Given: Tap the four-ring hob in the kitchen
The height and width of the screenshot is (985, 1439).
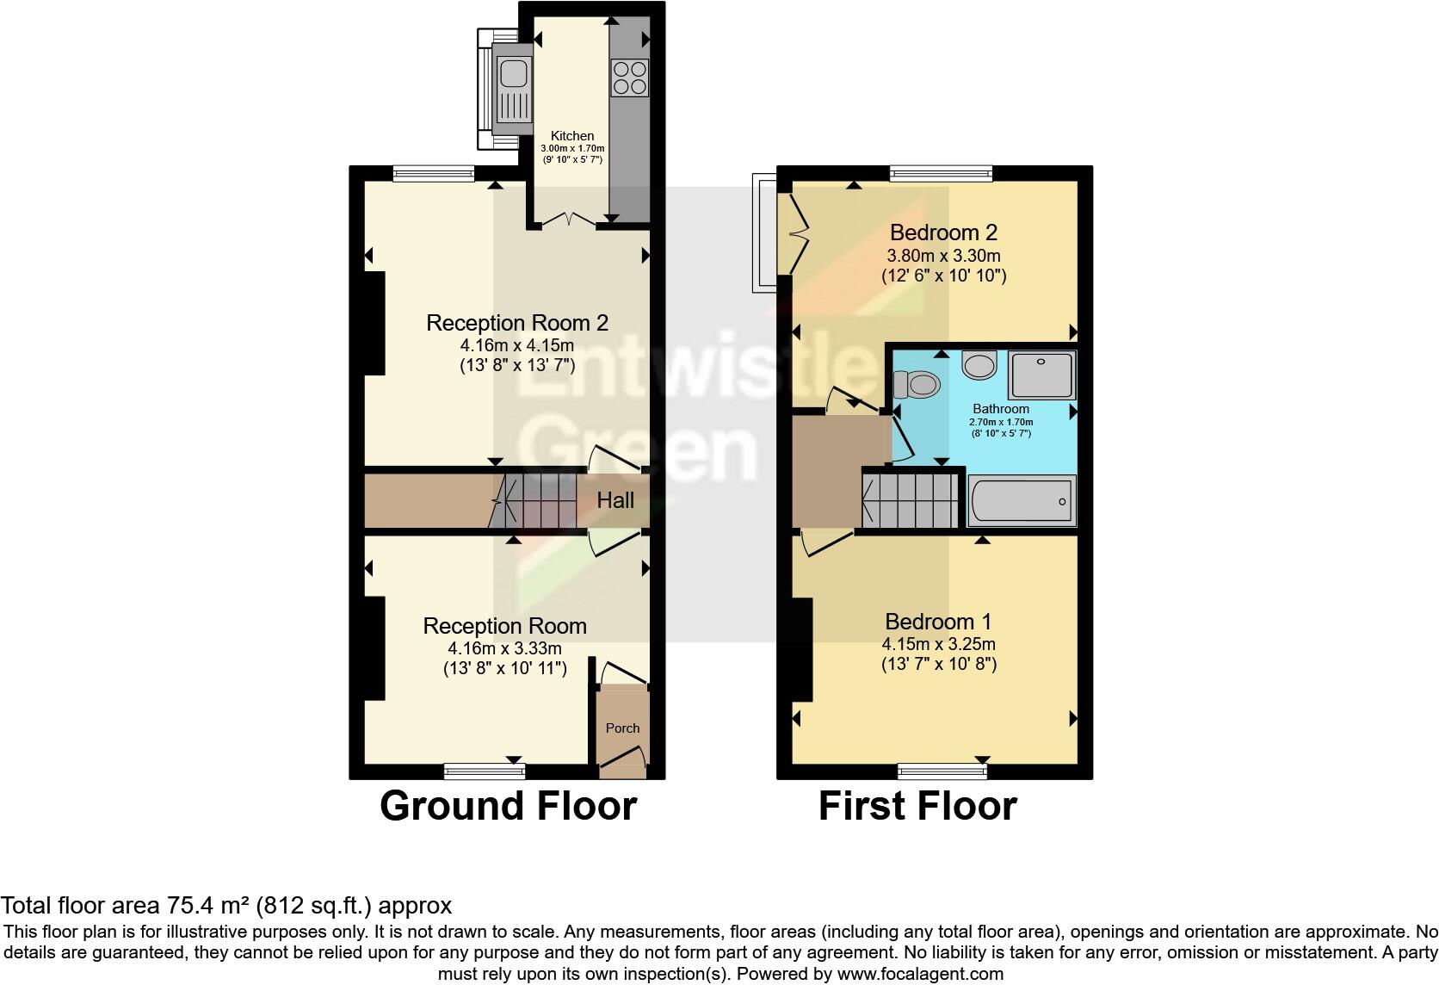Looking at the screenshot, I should tap(629, 77).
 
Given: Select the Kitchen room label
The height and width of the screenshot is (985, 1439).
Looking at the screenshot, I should tap(572, 136).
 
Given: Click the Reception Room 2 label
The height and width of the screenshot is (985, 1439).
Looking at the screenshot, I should tap(517, 323).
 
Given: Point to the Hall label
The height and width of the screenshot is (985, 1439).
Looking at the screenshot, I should tap(615, 500).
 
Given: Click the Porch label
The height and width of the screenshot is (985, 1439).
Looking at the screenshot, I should tap(622, 728).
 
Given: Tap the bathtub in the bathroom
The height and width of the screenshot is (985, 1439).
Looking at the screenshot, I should tap(1022, 501).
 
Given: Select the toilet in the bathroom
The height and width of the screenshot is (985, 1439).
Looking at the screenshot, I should tap(916, 384).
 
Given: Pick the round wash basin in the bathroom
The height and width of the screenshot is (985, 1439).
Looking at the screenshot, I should tap(979, 365).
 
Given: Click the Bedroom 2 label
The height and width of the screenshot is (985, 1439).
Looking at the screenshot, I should tap(943, 232).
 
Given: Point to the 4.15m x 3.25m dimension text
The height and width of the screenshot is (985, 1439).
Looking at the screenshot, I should tap(938, 644).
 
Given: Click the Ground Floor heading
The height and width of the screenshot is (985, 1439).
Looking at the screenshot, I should tap(508, 806).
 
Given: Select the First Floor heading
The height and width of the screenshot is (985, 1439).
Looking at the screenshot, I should tap(917, 806).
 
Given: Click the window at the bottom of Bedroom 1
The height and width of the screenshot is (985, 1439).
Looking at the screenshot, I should tap(942, 770).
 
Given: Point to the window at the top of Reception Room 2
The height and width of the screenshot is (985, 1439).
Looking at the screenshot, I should tap(434, 173).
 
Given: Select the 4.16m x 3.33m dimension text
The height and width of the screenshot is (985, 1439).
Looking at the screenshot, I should tap(504, 648).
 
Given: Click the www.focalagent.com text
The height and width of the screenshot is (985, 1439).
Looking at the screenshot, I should tap(920, 975).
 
